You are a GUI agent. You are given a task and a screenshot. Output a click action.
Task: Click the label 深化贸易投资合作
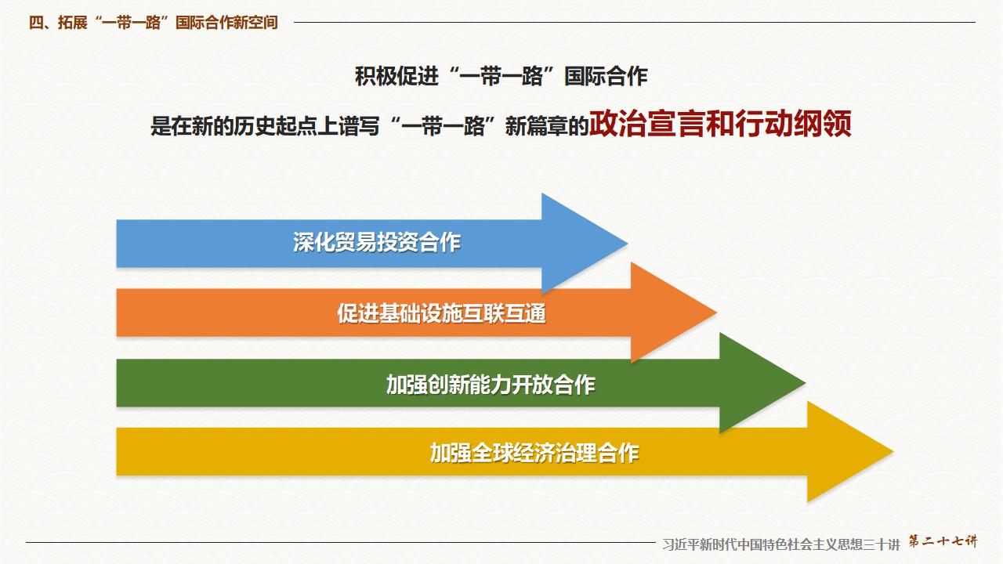[x=376, y=243]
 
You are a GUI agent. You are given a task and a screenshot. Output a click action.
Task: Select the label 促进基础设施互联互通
[x=441, y=313]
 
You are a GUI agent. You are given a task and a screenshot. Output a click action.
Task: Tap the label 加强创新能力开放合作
[x=491, y=384]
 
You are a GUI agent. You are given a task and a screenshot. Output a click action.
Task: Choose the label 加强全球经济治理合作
[x=534, y=453]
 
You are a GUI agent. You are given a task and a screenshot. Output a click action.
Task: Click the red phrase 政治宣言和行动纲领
[x=720, y=125]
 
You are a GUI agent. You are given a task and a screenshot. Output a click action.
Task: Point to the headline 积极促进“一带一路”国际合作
[x=501, y=77]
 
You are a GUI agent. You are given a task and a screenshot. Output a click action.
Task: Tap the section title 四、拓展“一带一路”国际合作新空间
[x=154, y=23]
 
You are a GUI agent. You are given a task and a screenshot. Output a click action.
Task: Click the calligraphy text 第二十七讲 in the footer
[x=943, y=541]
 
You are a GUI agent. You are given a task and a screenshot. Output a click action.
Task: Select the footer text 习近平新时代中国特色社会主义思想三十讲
[x=780, y=544]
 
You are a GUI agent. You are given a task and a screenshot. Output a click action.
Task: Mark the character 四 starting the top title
[x=36, y=23]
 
